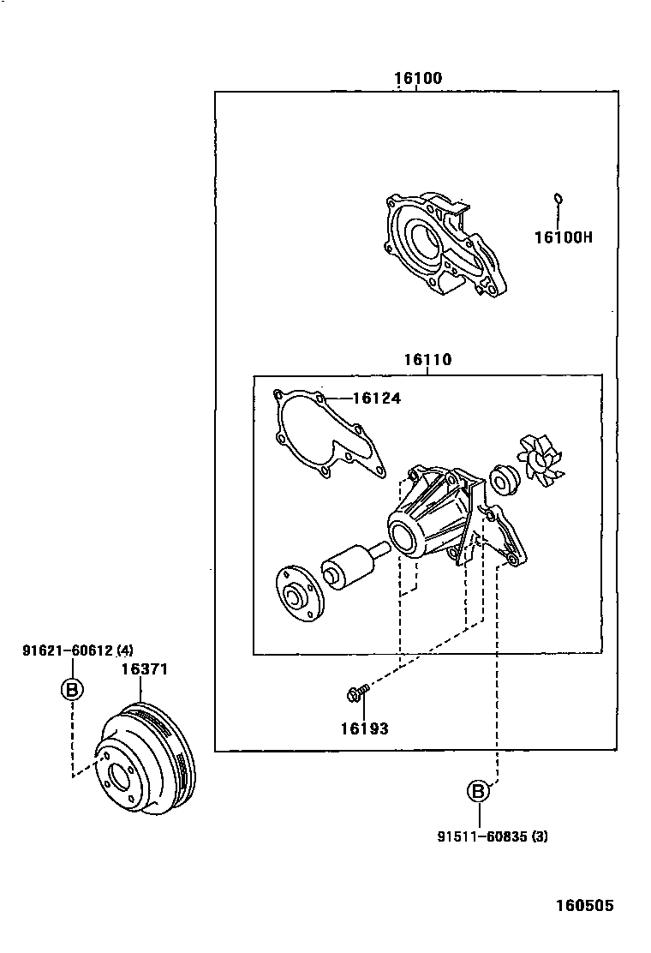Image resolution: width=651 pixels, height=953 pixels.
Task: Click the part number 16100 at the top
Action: click(418, 78)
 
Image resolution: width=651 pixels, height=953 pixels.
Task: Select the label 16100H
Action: click(563, 237)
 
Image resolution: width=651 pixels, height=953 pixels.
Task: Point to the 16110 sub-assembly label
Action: click(427, 361)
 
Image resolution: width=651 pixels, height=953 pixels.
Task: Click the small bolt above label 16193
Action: click(359, 690)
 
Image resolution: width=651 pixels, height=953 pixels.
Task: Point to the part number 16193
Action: click(363, 729)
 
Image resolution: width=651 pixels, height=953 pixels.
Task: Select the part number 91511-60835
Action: click(481, 836)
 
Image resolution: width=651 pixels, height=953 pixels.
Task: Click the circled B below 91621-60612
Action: click(73, 688)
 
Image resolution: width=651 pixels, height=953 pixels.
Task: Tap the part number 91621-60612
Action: click(77, 650)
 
